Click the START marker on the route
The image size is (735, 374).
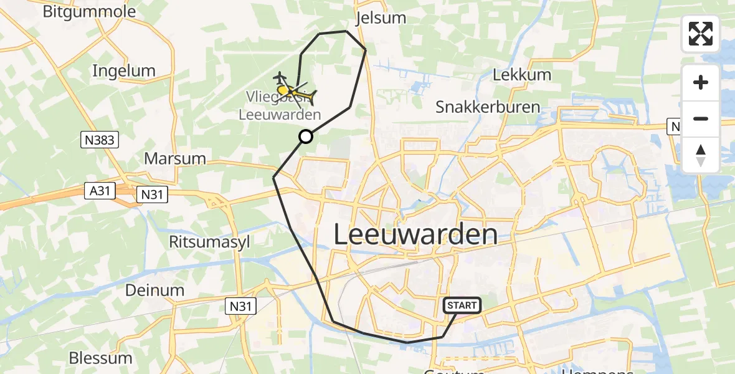pyautogui.click(x=462, y=305)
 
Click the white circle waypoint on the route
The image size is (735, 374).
pyautogui.click(x=305, y=137)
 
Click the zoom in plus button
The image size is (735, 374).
pyautogui.click(x=701, y=83)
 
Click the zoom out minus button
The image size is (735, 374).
pyautogui.click(x=701, y=118)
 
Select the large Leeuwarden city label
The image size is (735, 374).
pyautogui.click(x=415, y=235)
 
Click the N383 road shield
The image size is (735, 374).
pyautogui.click(x=99, y=140)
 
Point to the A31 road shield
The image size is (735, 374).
pyautogui.click(x=99, y=191)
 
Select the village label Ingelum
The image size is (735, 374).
pyautogui.click(x=123, y=70)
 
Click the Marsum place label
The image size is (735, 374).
pyautogui.click(x=174, y=158)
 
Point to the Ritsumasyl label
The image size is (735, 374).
pyautogui.click(x=209, y=242)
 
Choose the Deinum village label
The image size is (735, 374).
pyautogui.click(x=154, y=290)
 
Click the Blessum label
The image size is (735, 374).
pyautogui.click(x=101, y=358)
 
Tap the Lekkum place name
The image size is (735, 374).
pyautogui.click(x=521, y=75)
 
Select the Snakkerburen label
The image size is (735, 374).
pyautogui.click(x=487, y=107)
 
